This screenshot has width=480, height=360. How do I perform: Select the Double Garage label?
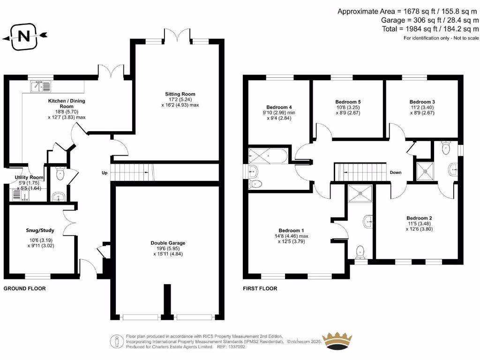[168, 243]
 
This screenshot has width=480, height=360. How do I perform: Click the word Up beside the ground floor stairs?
[105, 172]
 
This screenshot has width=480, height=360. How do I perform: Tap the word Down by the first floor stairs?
[396, 172]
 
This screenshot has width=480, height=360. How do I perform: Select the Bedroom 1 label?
[291, 230]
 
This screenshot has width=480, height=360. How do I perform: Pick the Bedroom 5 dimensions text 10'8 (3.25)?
[347, 107]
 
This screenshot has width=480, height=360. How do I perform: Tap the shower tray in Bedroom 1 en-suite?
[360, 193]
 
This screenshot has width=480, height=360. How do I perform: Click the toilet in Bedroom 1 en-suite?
[360, 252]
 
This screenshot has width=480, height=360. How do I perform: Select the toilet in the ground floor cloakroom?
[60, 174]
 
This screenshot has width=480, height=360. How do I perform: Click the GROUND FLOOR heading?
[25, 288]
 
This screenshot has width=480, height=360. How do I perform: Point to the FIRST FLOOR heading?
[260, 288]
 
